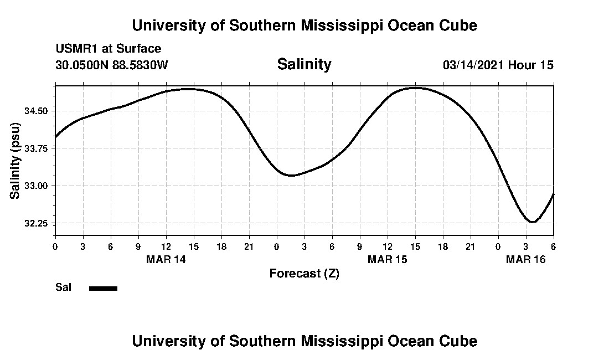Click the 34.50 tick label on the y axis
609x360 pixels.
(37, 111)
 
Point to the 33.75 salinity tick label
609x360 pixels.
(37, 148)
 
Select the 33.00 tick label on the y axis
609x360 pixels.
(37, 186)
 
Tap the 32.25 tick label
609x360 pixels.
(37, 223)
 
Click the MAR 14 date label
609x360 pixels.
(166, 260)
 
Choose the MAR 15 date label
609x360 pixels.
(387, 260)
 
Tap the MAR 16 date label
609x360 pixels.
(525, 260)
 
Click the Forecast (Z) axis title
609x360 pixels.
(304, 274)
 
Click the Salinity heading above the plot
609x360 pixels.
(304, 64)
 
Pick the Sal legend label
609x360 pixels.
(63, 287)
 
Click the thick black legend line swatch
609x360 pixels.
(103, 288)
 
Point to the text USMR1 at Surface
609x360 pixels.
(109, 49)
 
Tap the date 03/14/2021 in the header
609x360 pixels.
(473, 65)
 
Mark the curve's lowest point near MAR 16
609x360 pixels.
(532, 222)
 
